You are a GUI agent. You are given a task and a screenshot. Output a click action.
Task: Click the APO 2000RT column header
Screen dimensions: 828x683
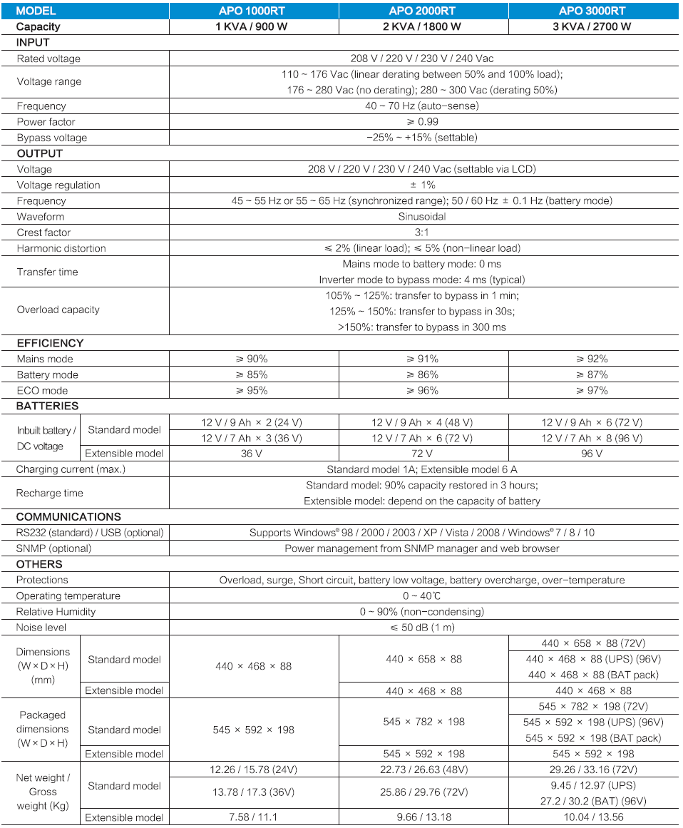point(423,11)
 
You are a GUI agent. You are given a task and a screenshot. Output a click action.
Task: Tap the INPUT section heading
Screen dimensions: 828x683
point(33,43)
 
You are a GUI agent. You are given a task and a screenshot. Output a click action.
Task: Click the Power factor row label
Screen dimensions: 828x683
point(46,122)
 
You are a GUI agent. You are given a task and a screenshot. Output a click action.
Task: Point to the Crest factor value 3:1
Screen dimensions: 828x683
point(421,232)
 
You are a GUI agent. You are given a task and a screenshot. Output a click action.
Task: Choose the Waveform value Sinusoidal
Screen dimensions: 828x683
point(421,217)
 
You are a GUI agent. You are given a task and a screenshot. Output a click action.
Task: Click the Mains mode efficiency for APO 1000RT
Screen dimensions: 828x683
point(253,359)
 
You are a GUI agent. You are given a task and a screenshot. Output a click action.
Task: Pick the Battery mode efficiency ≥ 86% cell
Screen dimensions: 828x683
point(423,374)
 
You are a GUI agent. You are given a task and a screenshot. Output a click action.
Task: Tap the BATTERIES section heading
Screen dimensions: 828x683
point(47,406)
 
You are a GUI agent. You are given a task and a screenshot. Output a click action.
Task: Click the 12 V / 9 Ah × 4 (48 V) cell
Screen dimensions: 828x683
point(423,422)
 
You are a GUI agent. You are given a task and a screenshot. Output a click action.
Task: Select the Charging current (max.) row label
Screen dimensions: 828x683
point(70,469)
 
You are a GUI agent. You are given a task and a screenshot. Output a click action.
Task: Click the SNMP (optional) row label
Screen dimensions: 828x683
point(53,548)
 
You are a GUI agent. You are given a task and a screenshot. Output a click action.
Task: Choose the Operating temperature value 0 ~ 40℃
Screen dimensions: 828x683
point(421,596)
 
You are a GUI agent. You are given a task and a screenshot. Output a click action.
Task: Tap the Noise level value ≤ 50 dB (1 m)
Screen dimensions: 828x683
point(421,628)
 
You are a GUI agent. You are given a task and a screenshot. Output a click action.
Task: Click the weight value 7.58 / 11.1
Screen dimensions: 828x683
point(253,817)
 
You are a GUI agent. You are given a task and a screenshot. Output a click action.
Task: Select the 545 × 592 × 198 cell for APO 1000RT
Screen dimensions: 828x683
point(253,730)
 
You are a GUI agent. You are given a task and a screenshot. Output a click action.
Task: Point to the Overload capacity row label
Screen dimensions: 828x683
point(58,310)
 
